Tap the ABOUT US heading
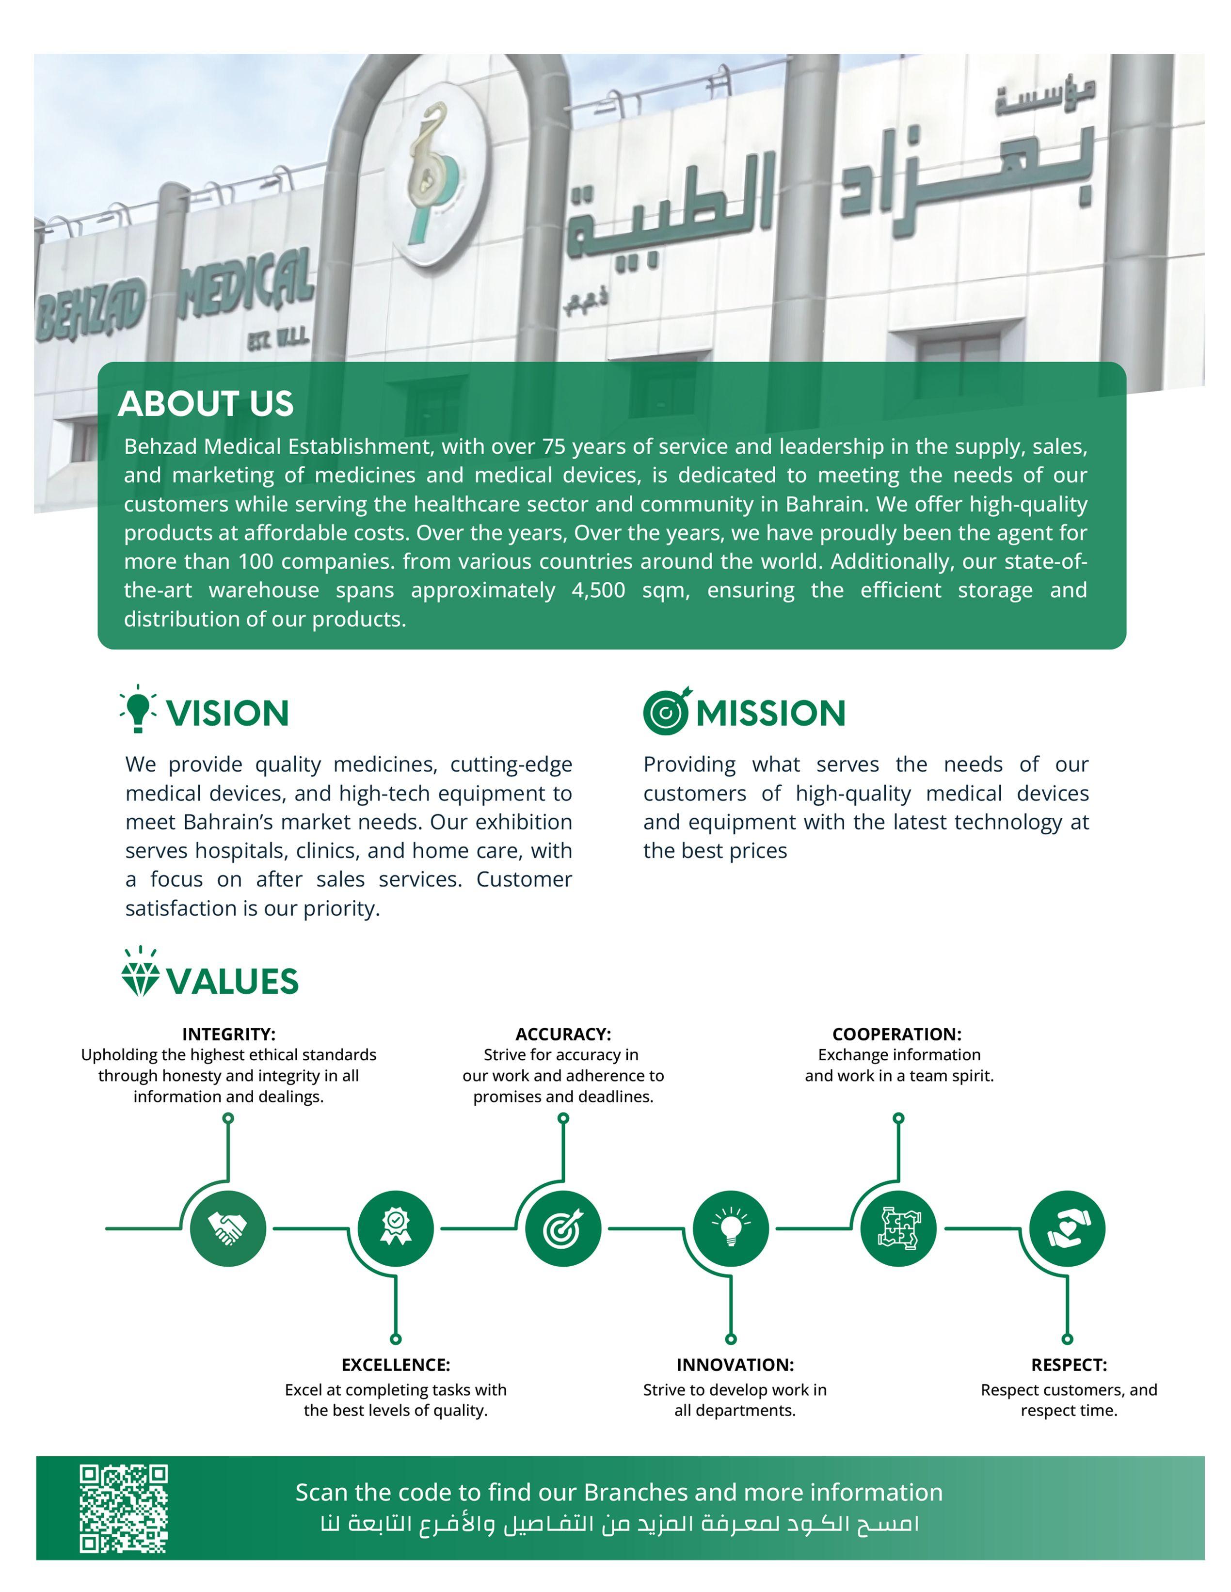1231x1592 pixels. [x=206, y=404]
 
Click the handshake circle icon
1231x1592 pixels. [x=227, y=1228]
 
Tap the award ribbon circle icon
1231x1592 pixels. [x=395, y=1228]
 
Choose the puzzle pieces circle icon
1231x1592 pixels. [x=899, y=1228]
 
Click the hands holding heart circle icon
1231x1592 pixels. [x=1067, y=1228]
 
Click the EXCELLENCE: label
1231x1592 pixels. [x=396, y=1365]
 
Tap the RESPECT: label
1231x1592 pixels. [x=1069, y=1365]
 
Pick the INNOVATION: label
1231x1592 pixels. [x=735, y=1365]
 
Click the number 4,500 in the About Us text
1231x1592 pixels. [x=598, y=590]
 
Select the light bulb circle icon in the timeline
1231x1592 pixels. [x=731, y=1228]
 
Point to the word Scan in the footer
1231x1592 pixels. [x=320, y=1492]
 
